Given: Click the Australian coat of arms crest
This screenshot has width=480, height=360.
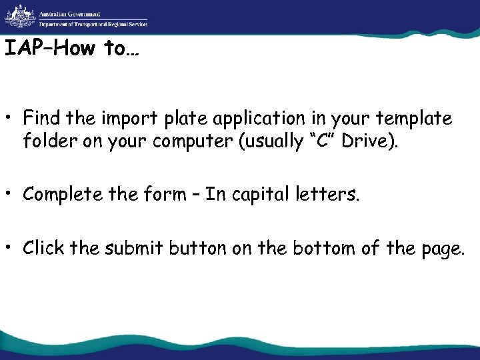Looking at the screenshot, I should (20, 16).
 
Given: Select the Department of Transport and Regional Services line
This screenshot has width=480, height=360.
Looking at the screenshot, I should (93, 24).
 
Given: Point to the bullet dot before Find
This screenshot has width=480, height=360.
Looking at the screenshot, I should (11, 119).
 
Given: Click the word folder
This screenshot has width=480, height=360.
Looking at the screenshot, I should (46, 141).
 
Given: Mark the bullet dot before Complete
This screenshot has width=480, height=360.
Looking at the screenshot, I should (11, 195).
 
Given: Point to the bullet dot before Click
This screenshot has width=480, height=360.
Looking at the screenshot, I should (11, 249).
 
